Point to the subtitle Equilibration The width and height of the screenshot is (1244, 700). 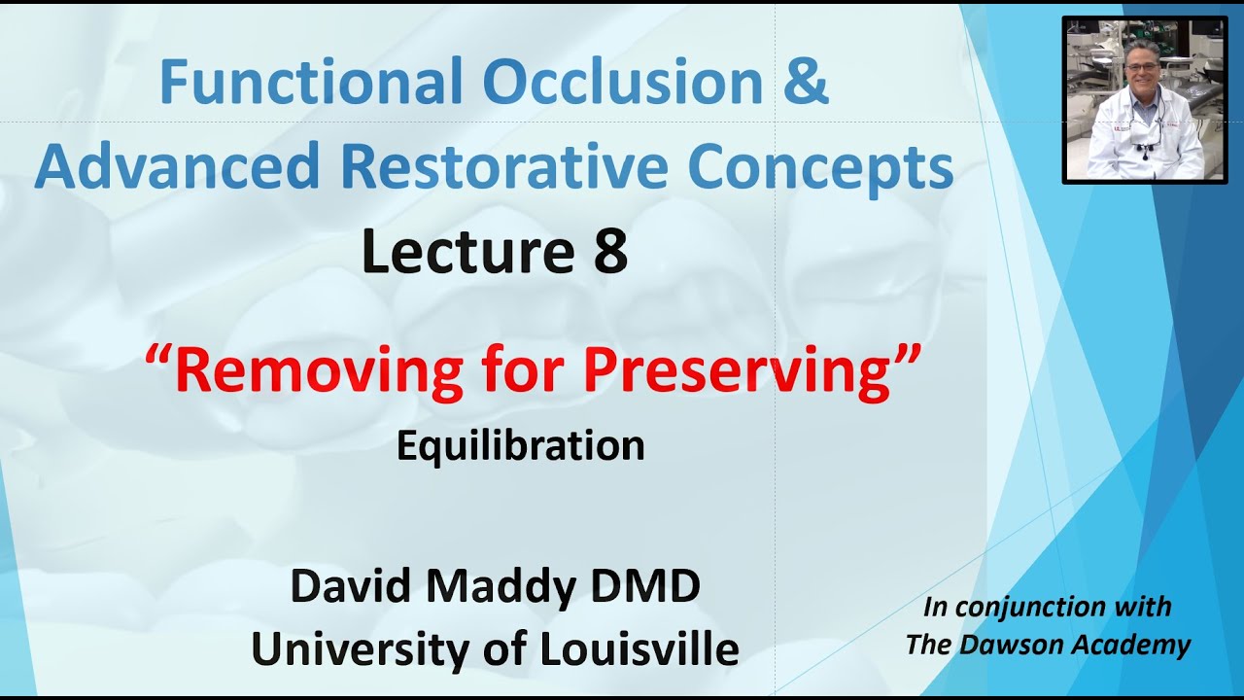pyautogui.click(x=521, y=446)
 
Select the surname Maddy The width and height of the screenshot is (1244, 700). pyautogui.click(x=516, y=587)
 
